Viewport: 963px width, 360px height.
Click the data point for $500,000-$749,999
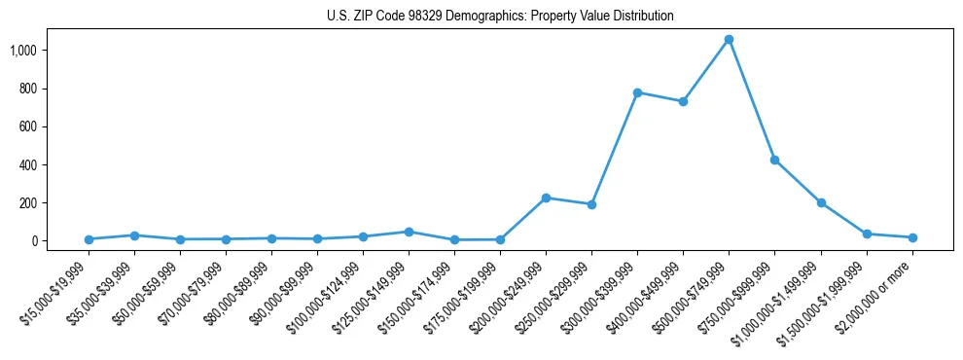(x=729, y=40)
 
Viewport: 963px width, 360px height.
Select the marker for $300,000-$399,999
(x=637, y=92)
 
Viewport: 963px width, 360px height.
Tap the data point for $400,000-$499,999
(x=683, y=101)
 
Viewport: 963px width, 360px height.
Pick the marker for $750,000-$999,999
(x=774, y=160)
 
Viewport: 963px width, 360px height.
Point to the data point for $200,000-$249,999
(x=546, y=198)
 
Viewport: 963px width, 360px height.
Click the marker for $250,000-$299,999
(x=591, y=204)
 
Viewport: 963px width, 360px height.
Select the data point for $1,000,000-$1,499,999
(x=821, y=202)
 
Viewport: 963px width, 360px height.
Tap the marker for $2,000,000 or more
(x=912, y=237)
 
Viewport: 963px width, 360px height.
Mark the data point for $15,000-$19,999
(x=89, y=239)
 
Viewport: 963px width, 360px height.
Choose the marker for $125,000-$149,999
(x=409, y=232)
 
